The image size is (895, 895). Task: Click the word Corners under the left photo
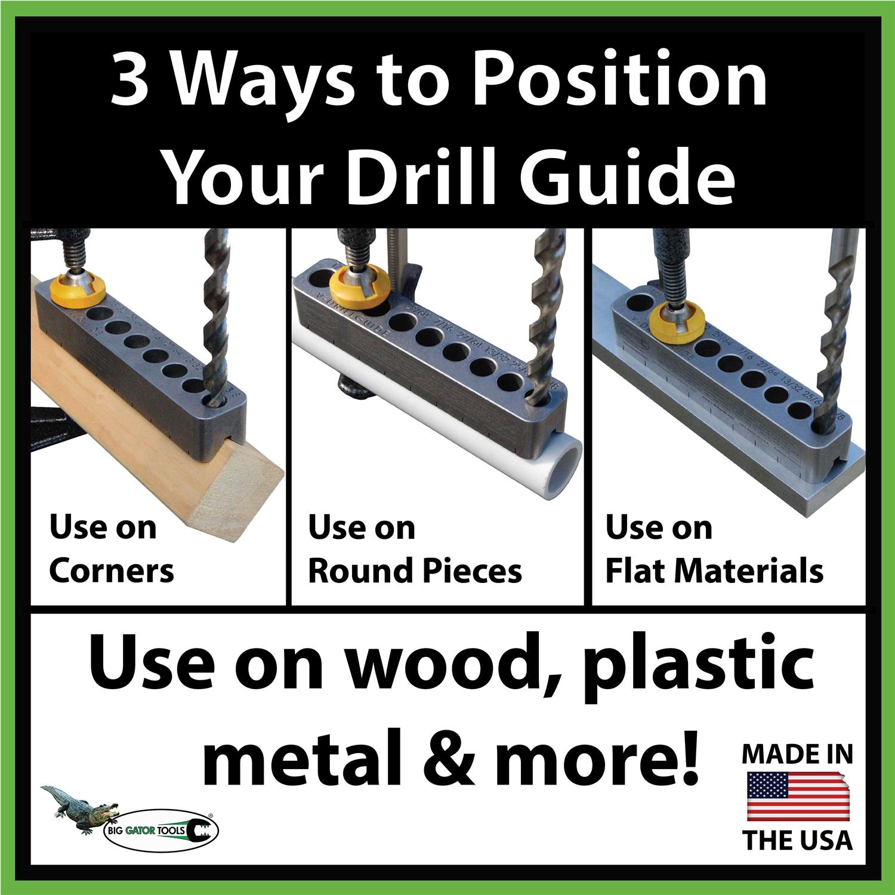tap(111, 571)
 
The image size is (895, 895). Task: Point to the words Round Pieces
tap(415, 571)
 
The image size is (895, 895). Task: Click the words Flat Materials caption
tap(714, 571)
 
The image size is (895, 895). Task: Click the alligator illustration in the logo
tap(78, 805)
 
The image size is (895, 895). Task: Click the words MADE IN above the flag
tap(797, 755)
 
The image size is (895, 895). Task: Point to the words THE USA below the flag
tap(797, 841)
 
